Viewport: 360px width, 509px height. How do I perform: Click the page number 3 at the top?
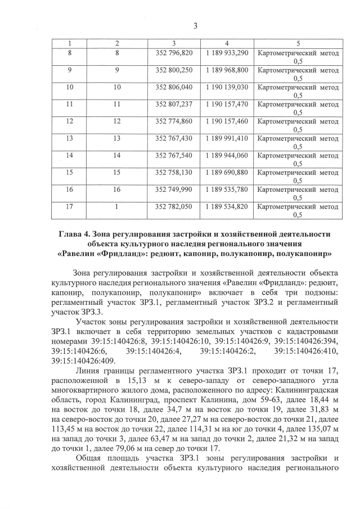194,25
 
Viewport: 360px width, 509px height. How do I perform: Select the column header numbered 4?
226,43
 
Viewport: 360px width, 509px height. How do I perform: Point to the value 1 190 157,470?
226,105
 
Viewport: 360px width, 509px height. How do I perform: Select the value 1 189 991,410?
226,138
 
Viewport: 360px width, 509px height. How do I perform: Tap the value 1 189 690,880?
226,172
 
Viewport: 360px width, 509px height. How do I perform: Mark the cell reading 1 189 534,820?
226,206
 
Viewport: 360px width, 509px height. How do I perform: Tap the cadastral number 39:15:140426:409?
83,361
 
